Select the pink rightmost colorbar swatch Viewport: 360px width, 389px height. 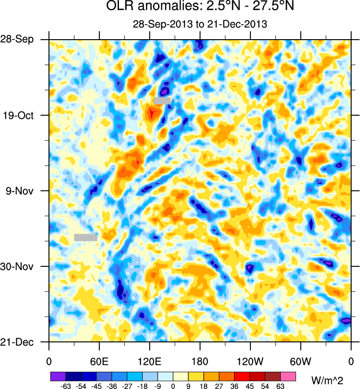[x=288, y=376]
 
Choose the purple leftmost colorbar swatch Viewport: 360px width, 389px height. [x=58, y=376]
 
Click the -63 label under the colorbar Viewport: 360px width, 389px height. [x=66, y=385]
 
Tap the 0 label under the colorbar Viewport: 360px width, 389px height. [x=173, y=385]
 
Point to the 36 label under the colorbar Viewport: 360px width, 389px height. [x=235, y=385]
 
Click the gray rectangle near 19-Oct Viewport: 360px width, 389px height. [x=162, y=100]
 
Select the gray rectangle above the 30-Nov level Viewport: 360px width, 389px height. [x=85, y=237]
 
